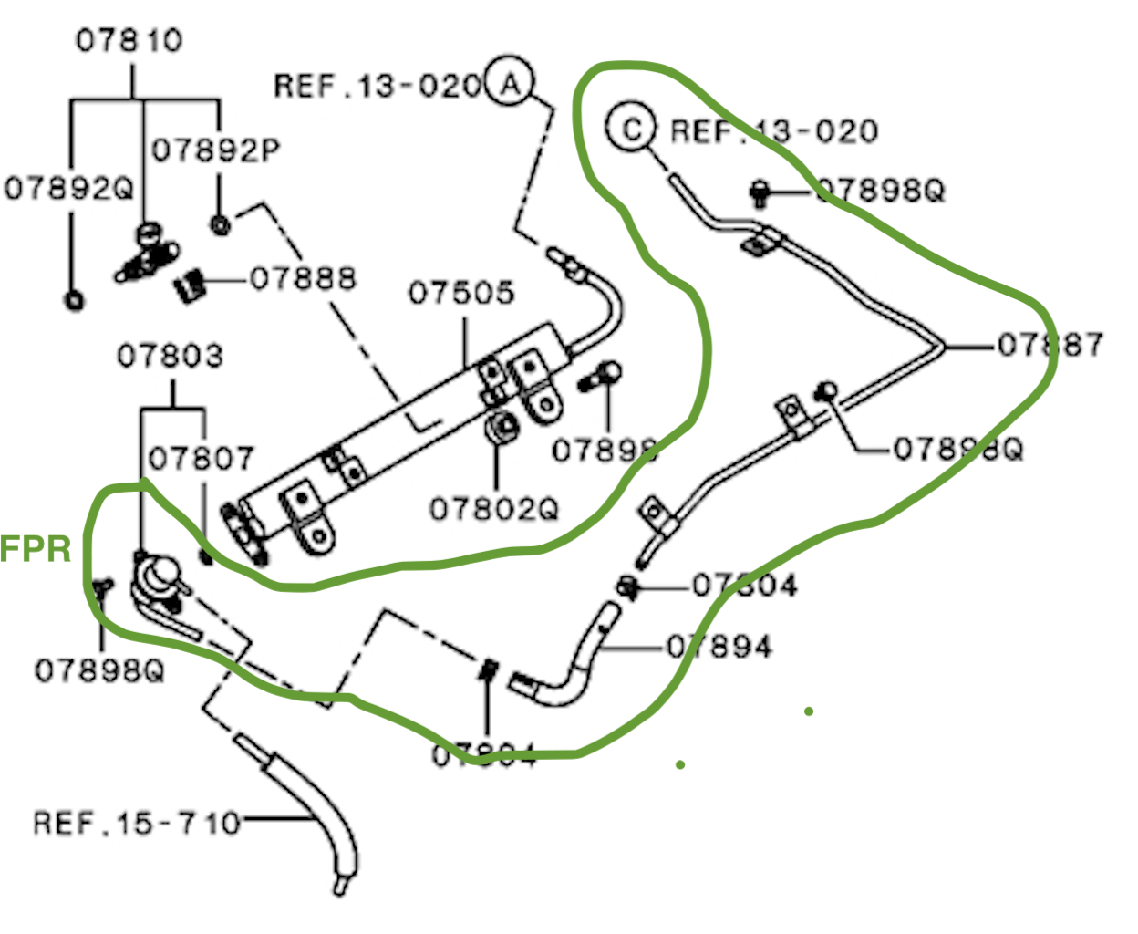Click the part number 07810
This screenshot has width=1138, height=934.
click(129, 40)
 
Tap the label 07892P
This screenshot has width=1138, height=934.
click(216, 149)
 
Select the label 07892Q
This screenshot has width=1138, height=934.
click(68, 188)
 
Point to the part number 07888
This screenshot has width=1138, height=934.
click(303, 278)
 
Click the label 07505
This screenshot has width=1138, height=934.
click(461, 293)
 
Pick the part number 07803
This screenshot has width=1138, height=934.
click(170, 356)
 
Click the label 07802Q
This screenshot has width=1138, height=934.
click(494, 508)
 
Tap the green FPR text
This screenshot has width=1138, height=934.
click(36, 549)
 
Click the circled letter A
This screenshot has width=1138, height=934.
click(509, 83)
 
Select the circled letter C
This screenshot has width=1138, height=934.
click(631, 129)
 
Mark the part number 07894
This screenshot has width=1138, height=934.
click(720, 647)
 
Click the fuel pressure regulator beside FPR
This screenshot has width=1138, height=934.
click(157, 576)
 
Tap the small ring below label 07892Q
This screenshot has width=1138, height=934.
click(74, 299)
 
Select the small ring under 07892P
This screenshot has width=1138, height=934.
click(219, 224)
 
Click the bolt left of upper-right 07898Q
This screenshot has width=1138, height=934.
click(759, 191)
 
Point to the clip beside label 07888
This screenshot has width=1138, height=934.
click(190, 286)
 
